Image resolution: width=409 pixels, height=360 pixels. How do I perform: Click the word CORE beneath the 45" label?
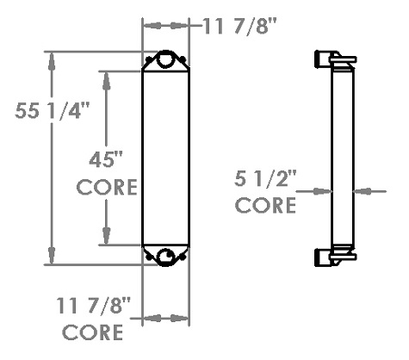tap(107, 189)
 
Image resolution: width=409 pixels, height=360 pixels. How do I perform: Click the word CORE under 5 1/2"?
tap(266, 207)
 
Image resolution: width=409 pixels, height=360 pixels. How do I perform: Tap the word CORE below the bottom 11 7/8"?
tap(95, 332)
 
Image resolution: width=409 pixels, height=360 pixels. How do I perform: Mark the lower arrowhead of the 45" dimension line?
tap(107, 237)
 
